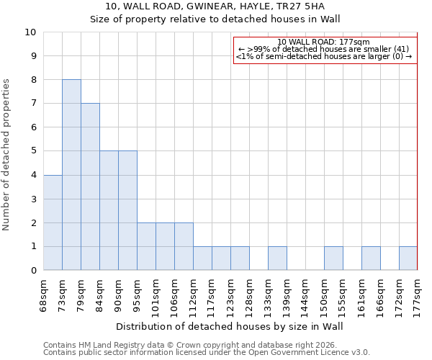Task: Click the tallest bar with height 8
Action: [71, 175]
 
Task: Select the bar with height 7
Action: [90, 186]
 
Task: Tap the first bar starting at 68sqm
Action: [53, 222]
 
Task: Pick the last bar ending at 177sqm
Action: [408, 258]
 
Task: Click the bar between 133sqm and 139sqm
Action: [277, 258]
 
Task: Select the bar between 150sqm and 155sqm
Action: [333, 258]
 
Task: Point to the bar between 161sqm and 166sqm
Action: [371, 258]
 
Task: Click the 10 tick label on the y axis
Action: [30, 32]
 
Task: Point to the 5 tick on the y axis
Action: [33, 151]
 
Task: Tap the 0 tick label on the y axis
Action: [33, 271]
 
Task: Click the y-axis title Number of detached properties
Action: [7, 155]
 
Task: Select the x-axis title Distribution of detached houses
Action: [230, 326]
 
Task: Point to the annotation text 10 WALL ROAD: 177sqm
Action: [323, 42]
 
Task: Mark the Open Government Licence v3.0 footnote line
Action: [207, 353]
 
